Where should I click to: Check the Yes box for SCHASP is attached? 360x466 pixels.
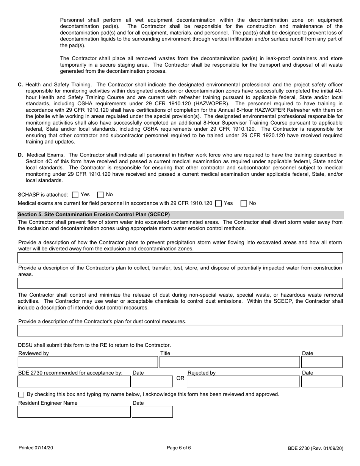pos(75,195)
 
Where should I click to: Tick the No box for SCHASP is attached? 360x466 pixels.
pos(100,195)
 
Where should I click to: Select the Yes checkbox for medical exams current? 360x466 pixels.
pos(218,203)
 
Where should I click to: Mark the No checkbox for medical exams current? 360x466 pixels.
pos(244,203)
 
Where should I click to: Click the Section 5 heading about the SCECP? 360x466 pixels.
pos(94,214)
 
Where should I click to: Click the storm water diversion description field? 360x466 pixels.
pos(180,258)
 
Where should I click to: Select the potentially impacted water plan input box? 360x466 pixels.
pos(180,283)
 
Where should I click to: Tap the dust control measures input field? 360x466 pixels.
pos(180,331)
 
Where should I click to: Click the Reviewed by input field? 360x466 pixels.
pos(88,363)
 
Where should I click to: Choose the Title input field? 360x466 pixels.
pos(230,363)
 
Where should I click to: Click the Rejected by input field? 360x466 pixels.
pos(243,382)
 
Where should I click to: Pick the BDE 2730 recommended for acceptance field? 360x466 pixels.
pos(74,382)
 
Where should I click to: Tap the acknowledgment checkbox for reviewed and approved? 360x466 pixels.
pos(21,394)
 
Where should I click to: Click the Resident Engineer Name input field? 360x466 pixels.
pos(74,412)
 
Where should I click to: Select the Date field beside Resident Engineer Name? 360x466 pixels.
pos(152,412)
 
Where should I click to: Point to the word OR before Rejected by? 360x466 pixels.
pos(180,378)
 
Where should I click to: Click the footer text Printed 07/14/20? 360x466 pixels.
pos(36,448)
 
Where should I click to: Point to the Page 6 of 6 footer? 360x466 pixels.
pos(179,448)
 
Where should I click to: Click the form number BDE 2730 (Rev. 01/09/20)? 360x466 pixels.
pos(315,448)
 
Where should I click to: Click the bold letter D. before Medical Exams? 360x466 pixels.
pos(20,155)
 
